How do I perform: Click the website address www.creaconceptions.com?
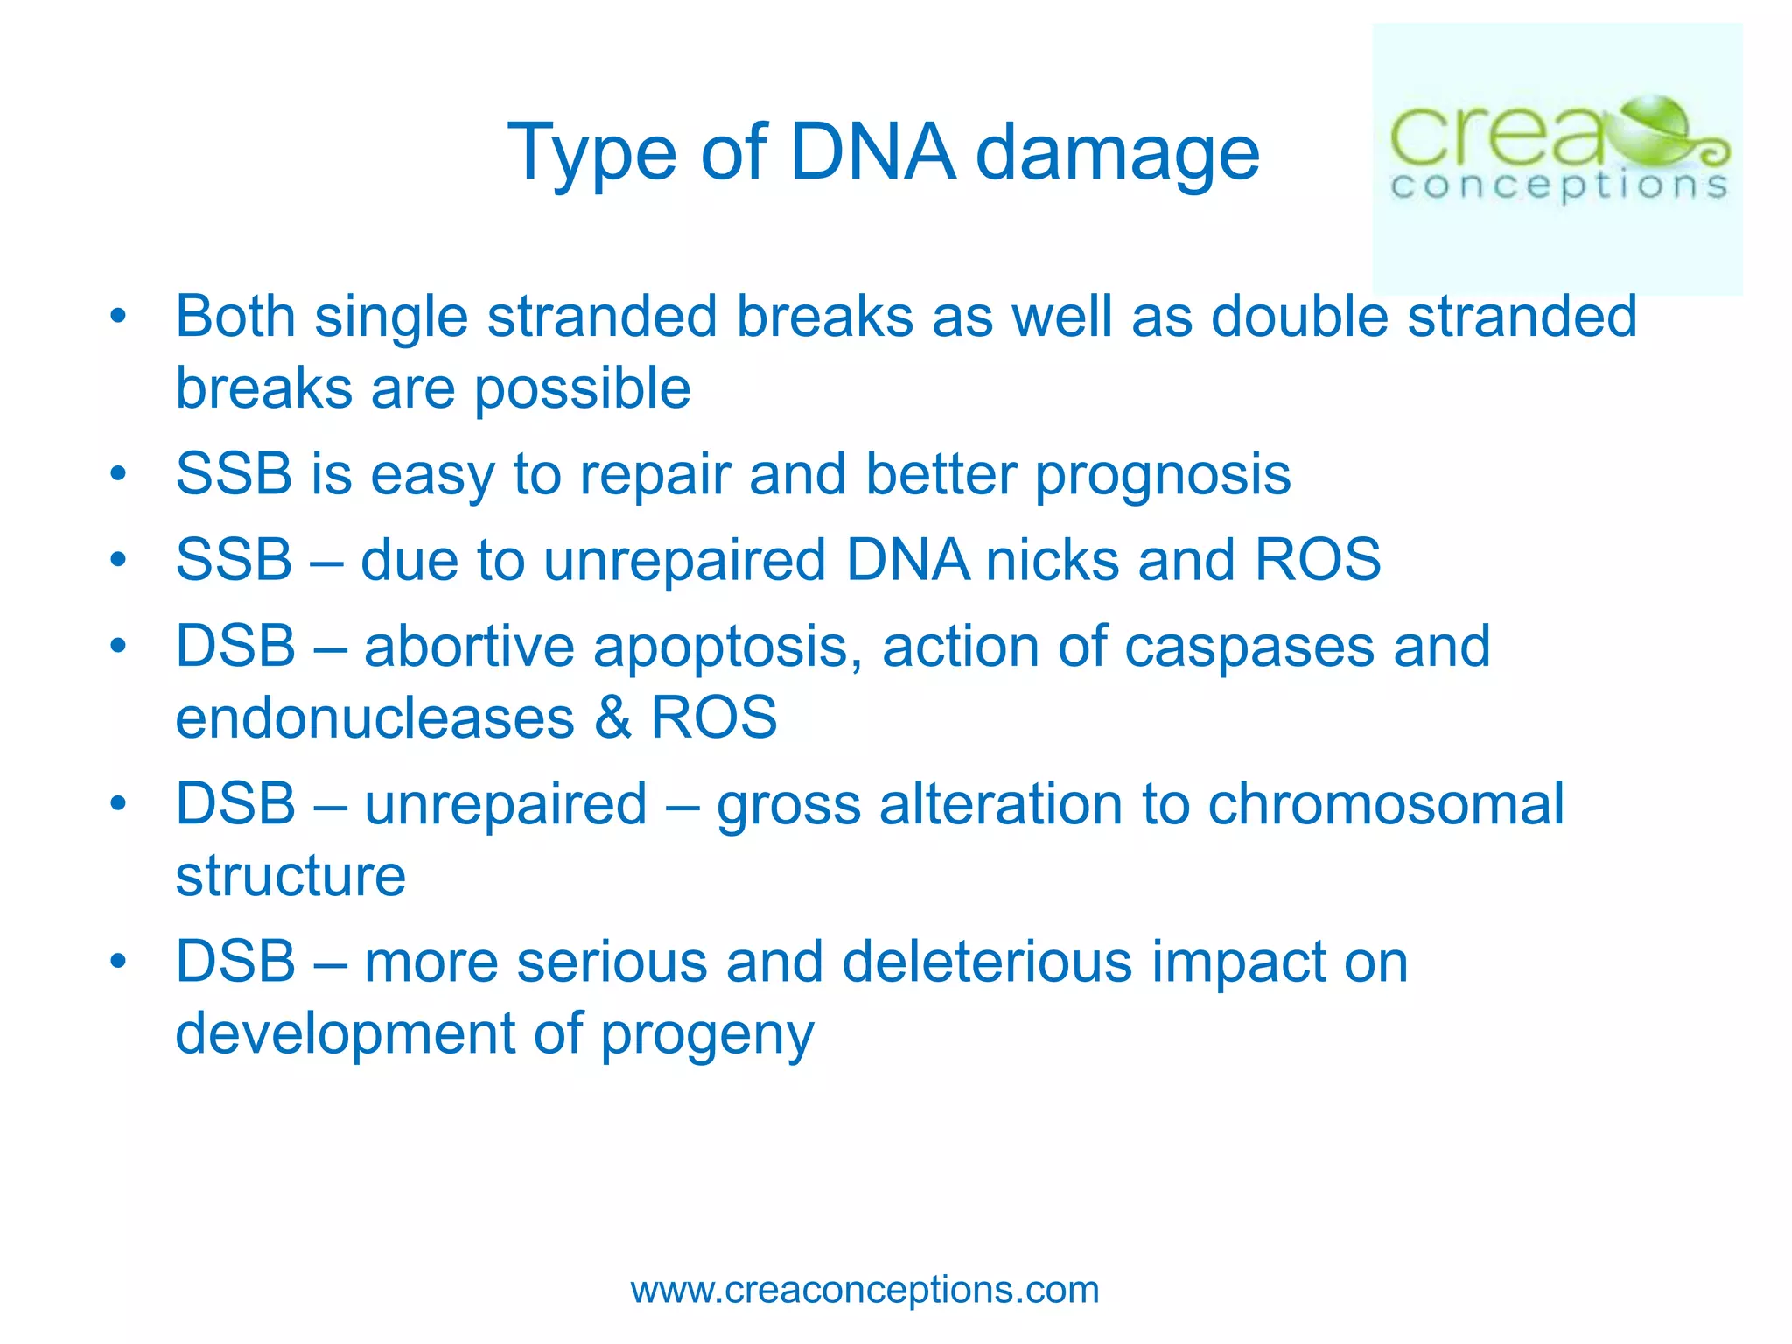click(x=864, y=1290)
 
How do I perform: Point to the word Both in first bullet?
click(x=235, y=316)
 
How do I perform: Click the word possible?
click(x=582, y=389)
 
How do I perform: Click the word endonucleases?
click(x=375, y=718)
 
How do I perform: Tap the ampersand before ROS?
click(x=612, y=718)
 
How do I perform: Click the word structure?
click(x=290, y=876)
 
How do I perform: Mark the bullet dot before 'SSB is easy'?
click(x=119, y=473)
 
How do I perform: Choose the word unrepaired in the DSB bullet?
click(x=505, y=804)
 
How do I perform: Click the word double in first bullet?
click(x=1298, y=316)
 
